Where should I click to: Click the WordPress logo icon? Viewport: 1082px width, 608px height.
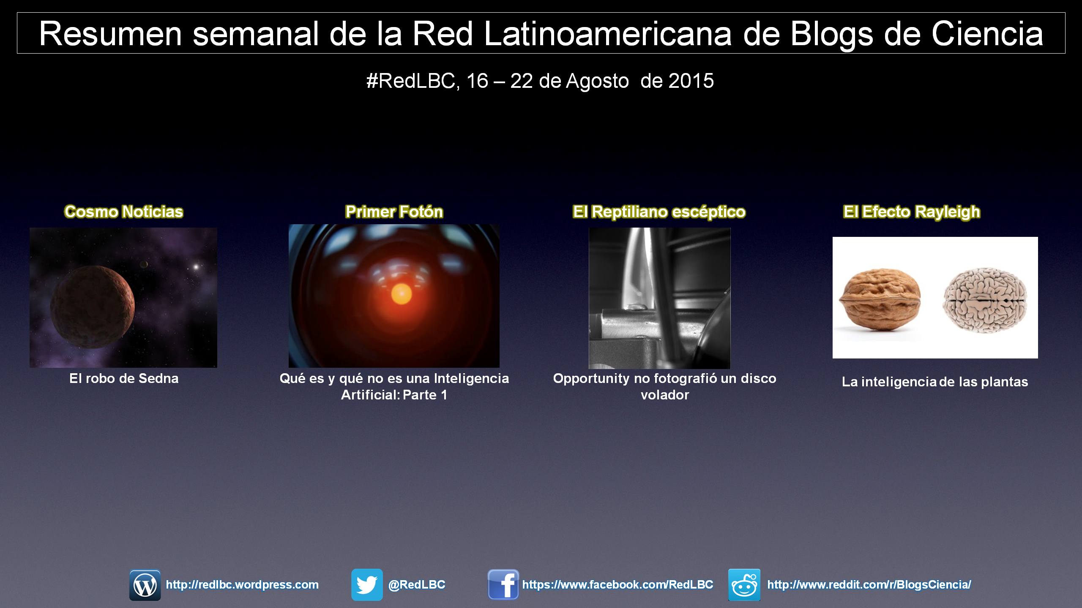pyautogui.click(x=145, y=585)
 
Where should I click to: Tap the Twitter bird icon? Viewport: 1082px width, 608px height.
pyautogui.click(x=367, y=585)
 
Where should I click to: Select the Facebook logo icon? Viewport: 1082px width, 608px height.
pyautogui.click(x=503, y=585)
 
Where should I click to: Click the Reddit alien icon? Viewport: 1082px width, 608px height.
pyautogui.click(x=744, y=585)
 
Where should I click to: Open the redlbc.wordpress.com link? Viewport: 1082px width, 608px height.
pyautogui.click(x=242, y=585)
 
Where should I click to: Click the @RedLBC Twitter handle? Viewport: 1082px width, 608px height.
pyautogui.click(x=417, y=585)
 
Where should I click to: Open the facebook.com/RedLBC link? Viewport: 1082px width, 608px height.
pyautogui.click(x=618, y=585)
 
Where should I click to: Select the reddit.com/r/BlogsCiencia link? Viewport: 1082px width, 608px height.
pyautogui.click(x=869, y=585)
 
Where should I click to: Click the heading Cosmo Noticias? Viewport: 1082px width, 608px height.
pyautogui.click(x=124, y=212)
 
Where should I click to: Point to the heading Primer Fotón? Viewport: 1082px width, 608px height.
pyautogui.click(x=394, y=212)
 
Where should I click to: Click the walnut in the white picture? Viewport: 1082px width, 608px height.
pyautogui.click(x=880, y=299)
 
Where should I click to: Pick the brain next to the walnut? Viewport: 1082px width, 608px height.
pyautogui.click(x=985, y=300)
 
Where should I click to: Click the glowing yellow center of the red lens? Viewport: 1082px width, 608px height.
pyautogui.click(x=402, y=294)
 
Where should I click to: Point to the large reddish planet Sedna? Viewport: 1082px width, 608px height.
pyautogui.click(x=93, y=307)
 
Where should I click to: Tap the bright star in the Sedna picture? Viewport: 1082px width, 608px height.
pyautogui.click(x=196, y=267)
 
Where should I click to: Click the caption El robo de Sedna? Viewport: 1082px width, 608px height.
pyautogui.click(x=124, y=378)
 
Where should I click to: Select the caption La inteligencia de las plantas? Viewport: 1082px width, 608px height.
pyautogui.click(x=935, y=382)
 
